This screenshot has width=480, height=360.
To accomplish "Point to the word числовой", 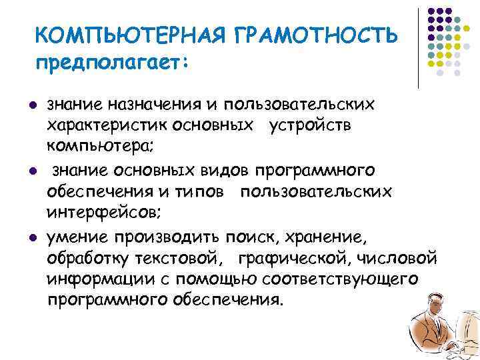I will pyautogui.click(x=399, y=257).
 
